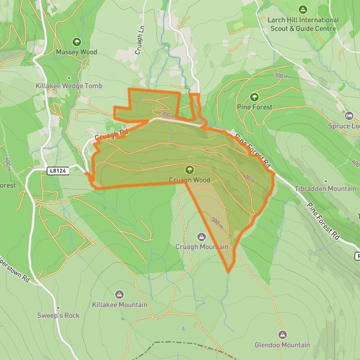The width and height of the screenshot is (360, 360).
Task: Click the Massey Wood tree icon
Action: (x=76, y=42)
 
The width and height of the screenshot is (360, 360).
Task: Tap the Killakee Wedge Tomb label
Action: (x=69, y=86)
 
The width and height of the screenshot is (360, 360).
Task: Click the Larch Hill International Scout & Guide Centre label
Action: (x=304, y=24)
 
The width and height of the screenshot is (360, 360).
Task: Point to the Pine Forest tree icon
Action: (x=254, y=97)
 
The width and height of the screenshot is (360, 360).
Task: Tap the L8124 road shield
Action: (x=58, y=171)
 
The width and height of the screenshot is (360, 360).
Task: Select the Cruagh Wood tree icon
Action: (x=190, y=170)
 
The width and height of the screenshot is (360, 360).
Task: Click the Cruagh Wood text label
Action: (x=190, y=180)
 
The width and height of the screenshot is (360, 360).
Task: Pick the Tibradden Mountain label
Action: (x=326, y=188)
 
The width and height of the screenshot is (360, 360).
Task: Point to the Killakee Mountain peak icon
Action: (x=119, y=295)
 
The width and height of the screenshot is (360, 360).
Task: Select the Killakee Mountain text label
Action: (x=119, y=305)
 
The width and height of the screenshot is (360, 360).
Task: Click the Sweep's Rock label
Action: (x=58, y=316)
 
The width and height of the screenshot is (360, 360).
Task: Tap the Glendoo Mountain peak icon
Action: (x=282, y=334)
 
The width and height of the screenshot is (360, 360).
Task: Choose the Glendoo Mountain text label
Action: (x=282, y=345)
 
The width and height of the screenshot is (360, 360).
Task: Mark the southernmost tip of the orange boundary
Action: (x=229, y=272)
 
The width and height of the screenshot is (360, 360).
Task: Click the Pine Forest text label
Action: (x=254, y=107)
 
